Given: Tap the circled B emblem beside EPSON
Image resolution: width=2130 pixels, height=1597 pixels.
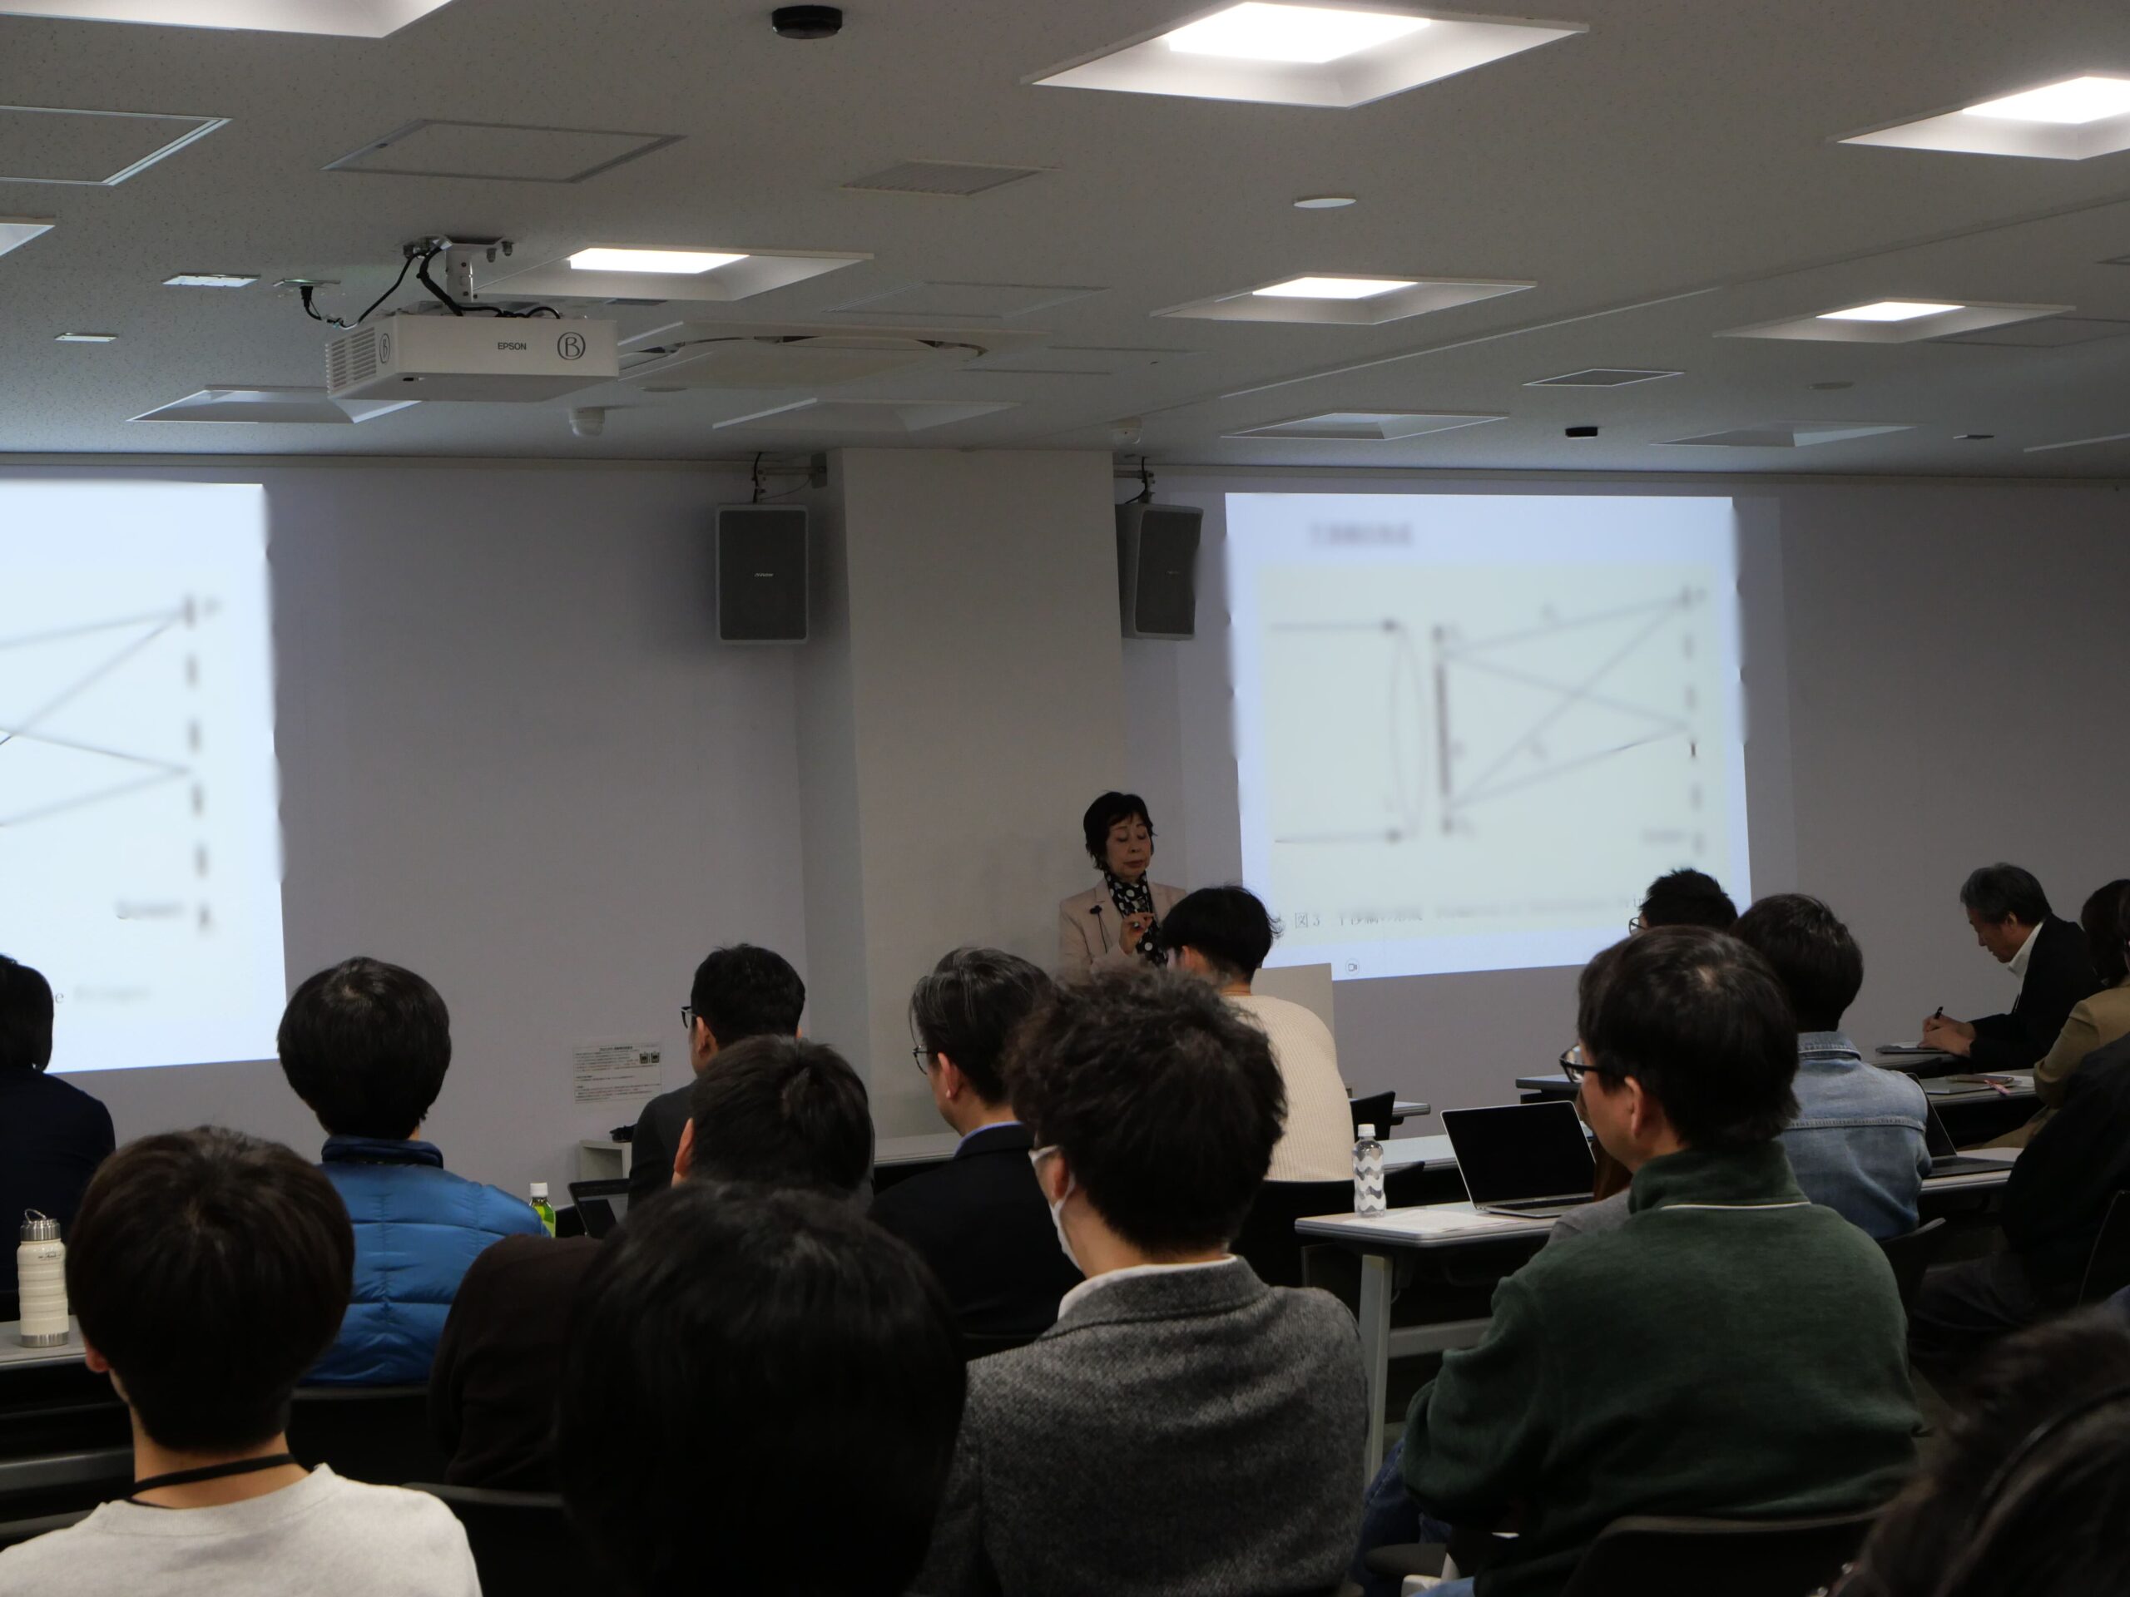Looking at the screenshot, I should point(569,344).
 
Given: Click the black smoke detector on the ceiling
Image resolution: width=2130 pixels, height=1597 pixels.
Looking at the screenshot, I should point(807,21).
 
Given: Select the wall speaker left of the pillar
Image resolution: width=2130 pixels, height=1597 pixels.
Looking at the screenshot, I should point(760,574).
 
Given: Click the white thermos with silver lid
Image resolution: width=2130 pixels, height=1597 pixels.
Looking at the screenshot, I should point(42,1279).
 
